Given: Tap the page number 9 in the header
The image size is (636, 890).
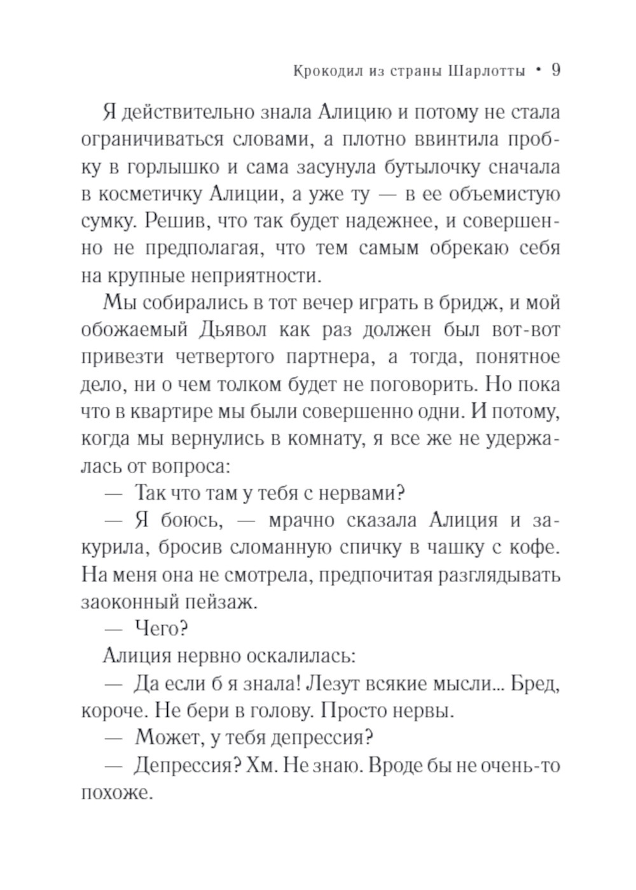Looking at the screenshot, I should [x=554, y=71].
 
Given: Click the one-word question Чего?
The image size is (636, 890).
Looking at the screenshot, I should [x=160, y=630].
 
